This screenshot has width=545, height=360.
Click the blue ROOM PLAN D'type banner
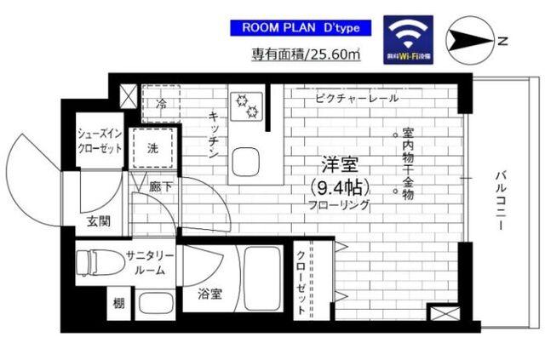click(x=300, y=28)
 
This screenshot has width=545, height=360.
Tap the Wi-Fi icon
click(x=407, y=37)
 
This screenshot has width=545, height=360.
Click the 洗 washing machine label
click(x=153, y=146)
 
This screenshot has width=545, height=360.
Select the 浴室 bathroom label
click(x=210, y=294)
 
